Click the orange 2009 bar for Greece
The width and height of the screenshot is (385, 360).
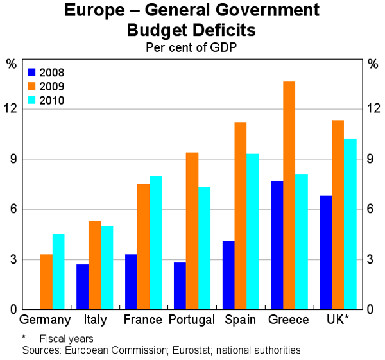pyautogui.click(x=289, y=196)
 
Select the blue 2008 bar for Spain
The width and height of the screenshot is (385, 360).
pyautogui.click(x=228, y=275)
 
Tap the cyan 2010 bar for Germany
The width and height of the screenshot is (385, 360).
pyautogui.click(x=58, y=272)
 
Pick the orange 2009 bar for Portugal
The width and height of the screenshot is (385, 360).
pyautogui.click(x=192, y=231)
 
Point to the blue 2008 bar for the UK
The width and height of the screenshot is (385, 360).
pyautogui.click(x=325, y=253)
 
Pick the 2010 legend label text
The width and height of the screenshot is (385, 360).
pyautogui.click(x=51, y=100)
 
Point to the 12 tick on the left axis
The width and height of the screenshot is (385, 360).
pyautogui.click(x=12, y=108)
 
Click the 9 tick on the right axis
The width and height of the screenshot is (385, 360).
pyautogui.click(x=372, y=159)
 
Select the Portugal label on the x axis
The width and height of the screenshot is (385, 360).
pyautogui.click(x=191, y=320)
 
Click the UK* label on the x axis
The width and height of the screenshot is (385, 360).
pyautogui.click(x=338, y=320)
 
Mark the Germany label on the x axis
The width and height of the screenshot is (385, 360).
pyautogui.click(x=46, y=320)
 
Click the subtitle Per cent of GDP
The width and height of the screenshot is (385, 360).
pyautogui.click(x=192, y=47)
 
